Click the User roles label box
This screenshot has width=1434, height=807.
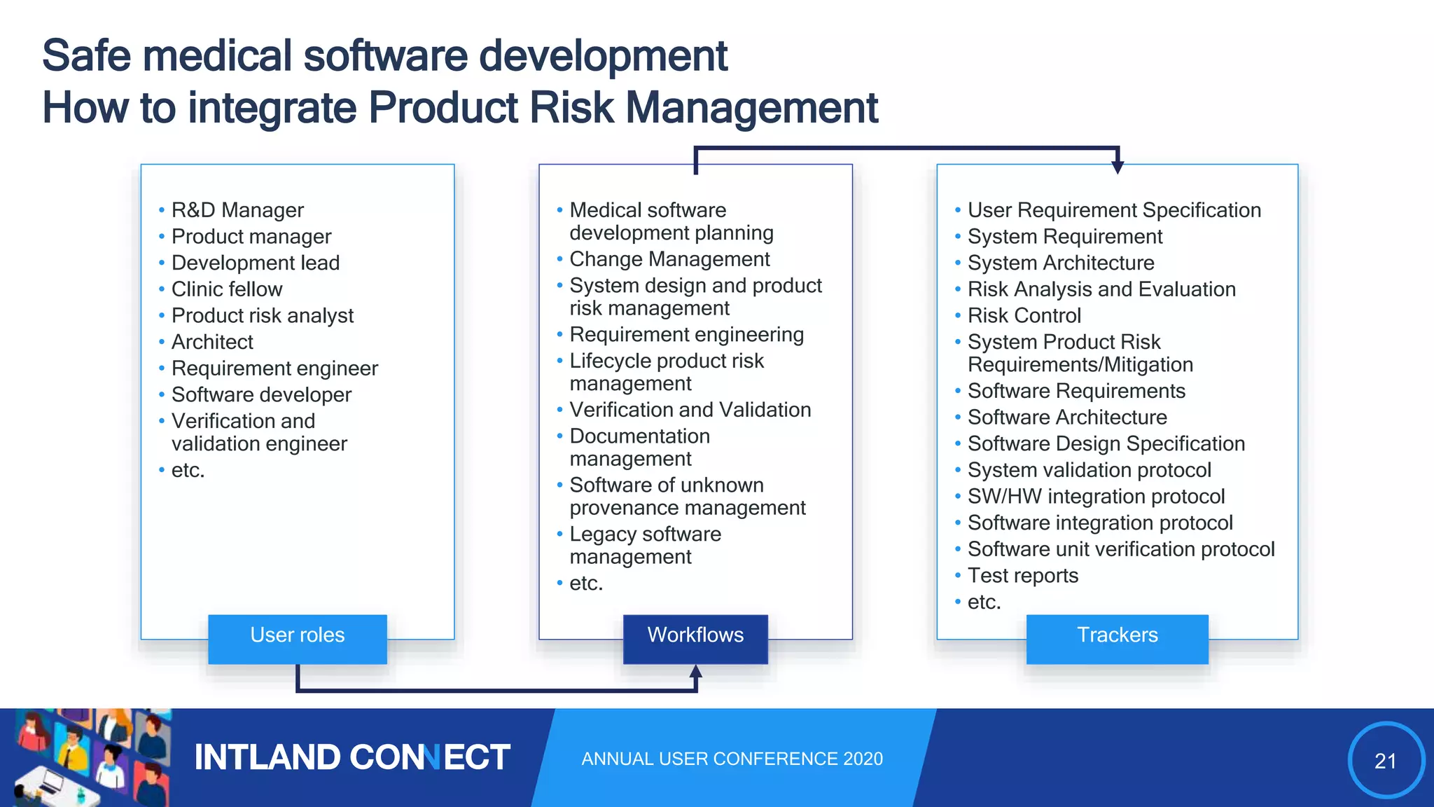[298, 638]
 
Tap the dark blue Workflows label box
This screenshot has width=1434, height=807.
[695, 638]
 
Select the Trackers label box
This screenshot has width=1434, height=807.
[1117, 638]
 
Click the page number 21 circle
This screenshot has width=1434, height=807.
[1386, 760]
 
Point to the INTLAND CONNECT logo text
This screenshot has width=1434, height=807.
[351, 757]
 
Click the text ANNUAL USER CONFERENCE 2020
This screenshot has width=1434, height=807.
[732, 759]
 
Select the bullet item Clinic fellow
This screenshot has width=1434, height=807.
[226, 289]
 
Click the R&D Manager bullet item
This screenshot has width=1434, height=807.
[237, 210]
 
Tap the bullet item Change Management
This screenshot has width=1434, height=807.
[669, 259]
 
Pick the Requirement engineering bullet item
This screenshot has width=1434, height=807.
[686, 335]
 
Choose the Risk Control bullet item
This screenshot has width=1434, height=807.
[1024, 316]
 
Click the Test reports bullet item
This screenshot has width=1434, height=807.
[1022, 576]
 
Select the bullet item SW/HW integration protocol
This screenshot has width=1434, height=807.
[1096, 497]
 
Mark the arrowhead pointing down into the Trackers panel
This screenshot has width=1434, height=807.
[1118, 167]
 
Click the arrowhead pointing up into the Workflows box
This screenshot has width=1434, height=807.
[695, 671]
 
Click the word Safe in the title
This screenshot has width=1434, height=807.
[85, 56]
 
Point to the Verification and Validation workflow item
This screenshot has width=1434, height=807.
[690, 410]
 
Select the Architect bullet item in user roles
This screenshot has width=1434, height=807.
[212, 342]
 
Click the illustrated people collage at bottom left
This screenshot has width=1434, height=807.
[87, 757]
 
